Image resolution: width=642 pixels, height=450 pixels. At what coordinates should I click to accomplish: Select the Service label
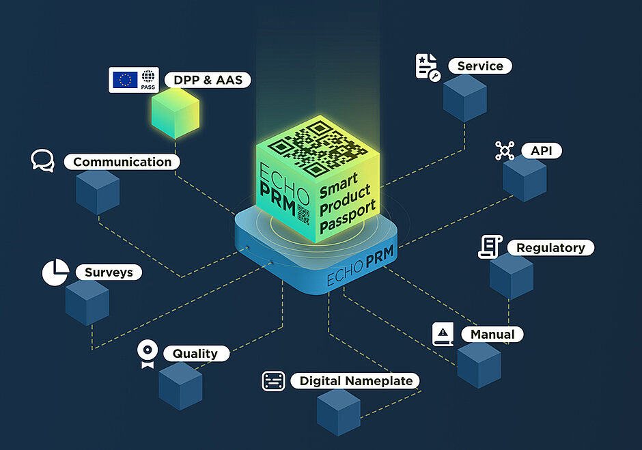pyautogui.click(x=479, y=66)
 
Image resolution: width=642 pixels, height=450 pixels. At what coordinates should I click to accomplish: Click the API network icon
pyautogui.click(x=505, y=151)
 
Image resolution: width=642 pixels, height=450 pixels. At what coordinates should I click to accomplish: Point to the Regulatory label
pyautogui.click(x=550, y=247)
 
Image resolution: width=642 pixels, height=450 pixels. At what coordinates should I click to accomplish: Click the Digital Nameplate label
pyautogui.click(x=355, y=381)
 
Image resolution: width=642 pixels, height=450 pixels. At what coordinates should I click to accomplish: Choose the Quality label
pyautogui.click(x=195, y=354)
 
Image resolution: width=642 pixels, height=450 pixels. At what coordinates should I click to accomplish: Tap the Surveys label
pyautogui.click(x=108, y=272)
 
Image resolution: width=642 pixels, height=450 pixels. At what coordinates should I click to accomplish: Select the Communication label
pyautogui.click(x=122, y=162)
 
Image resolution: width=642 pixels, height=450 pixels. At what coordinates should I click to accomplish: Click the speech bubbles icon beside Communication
pyautogui.click(x=42, y=160)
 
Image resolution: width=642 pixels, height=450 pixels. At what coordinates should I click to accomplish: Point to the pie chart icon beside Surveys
pyautogui.click(x=55, y=272)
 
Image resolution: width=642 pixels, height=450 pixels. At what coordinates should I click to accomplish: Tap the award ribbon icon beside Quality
pyautogui.click(x=145, y=354)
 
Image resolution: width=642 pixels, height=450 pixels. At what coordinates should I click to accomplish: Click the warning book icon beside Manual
pyautogui.click(x=443, y=334)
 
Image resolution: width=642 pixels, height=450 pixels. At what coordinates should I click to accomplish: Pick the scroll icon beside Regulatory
pyautogui.click(x=489, y=247)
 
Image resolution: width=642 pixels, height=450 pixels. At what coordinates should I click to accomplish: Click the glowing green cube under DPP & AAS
pyautogui.click(x=176, y=112)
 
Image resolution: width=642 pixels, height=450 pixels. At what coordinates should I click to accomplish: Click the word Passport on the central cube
pyautogui.click(x=348, y=216)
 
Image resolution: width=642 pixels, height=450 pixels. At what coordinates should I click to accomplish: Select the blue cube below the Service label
pyautogui.click(x=464, y=98)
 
